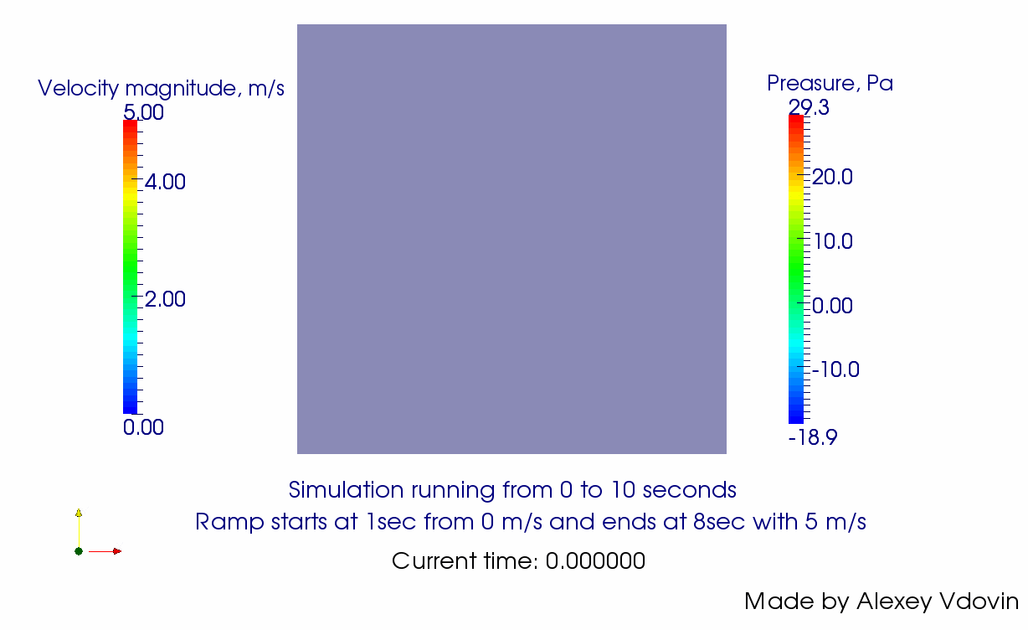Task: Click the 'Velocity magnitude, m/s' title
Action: coord(161,88)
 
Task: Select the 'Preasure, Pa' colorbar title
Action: coord(830,83)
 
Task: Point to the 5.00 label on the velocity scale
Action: coord(143,112)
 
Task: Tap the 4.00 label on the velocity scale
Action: coord(165,182)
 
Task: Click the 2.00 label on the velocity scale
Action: coord(165,299)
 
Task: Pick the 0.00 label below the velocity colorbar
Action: coord(143,427)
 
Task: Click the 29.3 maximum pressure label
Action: coord(809,107)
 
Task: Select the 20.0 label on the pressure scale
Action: coord(832,177)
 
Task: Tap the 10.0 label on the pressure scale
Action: coord(833,241)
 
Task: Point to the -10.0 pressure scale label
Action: coord(835,369)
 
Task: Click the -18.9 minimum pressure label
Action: coord(813,437)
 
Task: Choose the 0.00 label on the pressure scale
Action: coord(832,305)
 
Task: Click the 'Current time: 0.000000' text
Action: coord(518,560)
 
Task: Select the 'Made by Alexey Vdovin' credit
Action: coord(882,601)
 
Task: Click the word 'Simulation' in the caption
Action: coord(346,489)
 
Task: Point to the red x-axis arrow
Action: coord(105,551)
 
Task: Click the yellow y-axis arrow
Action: coord(79,528)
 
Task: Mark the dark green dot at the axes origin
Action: coord(79,551)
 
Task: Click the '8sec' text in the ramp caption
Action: coord(719,522)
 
